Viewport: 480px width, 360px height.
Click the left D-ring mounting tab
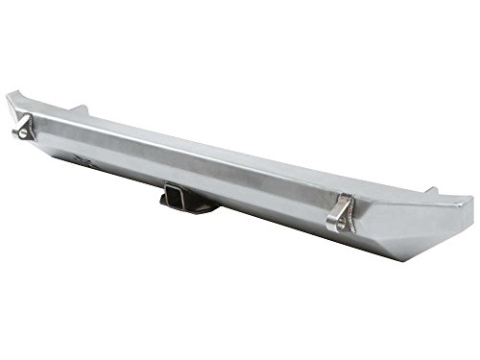click(x=22, y=128)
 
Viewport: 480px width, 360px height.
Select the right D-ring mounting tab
click(x=338, y=213)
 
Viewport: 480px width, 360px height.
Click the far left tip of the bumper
click(x=8, y=97)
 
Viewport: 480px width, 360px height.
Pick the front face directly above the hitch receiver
click(x=182, y=173)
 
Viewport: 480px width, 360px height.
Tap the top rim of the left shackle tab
click(x=24, y=119)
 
